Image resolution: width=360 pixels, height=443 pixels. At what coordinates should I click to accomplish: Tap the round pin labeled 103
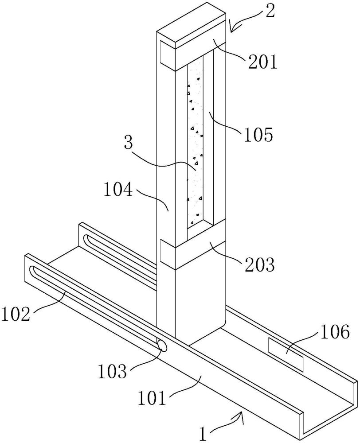point(163,346)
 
